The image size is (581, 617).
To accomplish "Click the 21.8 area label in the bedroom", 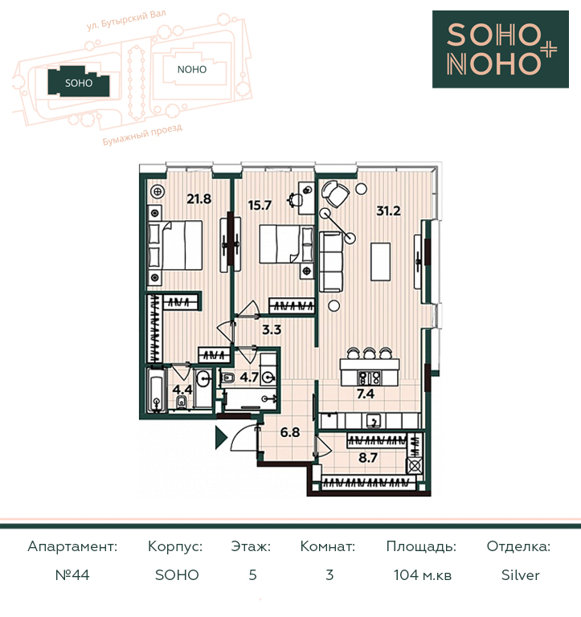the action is point(198,198).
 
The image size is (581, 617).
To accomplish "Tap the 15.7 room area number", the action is point(260,205).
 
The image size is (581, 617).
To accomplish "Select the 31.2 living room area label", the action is point(388,211).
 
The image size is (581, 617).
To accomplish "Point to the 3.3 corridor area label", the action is point(272,329).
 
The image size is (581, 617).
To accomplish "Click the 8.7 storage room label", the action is point(368,458).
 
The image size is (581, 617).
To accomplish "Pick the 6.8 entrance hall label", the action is point(290,432).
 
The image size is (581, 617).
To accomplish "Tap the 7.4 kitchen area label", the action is point(366,394).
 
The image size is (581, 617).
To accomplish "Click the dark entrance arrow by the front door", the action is point(221,437).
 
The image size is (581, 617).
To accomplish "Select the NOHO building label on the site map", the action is point(192,70).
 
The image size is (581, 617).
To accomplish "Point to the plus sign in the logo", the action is point(548,51).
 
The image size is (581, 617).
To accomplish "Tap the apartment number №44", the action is point(72,575).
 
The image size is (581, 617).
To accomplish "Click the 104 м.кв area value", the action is point(423,575).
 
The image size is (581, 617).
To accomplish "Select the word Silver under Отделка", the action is point(521,575).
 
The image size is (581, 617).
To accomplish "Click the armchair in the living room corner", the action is point(335,194).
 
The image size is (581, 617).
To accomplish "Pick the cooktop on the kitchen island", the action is point(369,378).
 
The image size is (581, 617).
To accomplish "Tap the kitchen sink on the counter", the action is point(373,421).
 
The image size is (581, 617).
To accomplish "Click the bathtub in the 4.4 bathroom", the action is point(157,390).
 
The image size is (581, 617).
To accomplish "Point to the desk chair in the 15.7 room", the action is point(295,199).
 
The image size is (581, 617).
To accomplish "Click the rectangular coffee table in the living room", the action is point(381,262).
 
